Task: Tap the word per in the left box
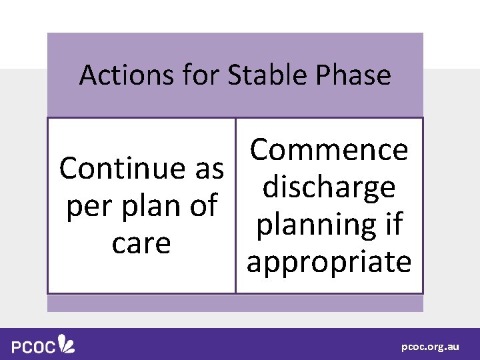click(89, 206)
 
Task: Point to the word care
click(141, 243)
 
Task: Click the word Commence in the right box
click(329, 150)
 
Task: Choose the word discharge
click(329, 187)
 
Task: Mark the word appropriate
click(329, 262)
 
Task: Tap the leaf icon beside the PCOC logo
click(67, 343)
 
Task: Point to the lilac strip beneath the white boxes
click(235, 303)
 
